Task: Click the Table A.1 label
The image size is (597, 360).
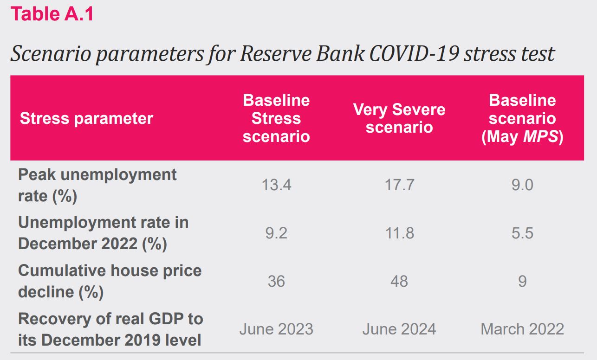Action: (x=52, y=14)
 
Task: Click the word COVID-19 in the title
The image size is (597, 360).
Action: (x=415, y=54)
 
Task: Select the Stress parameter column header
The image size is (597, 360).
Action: (x=86, y=118)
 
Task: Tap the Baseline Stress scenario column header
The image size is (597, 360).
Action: (x=276, y=118)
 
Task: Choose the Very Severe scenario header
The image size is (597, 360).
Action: (x=399, y=118)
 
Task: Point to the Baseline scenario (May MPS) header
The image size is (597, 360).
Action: (x=522, y=118)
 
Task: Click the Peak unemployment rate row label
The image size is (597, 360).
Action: (x=97, y=186)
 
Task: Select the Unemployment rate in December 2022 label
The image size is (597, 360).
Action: (x=104, y=233)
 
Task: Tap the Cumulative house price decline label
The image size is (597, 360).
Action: (x=110, y=282)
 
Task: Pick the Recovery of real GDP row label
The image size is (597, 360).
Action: (x=110, y=330)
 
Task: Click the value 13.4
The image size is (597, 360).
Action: (x=276, y=185)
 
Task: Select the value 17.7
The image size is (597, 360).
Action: (x=399, y=185)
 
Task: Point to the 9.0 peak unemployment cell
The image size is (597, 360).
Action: (x=522, y=185)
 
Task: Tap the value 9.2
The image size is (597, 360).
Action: (x=276, y=233)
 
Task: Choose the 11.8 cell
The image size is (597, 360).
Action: (x=399, y=233)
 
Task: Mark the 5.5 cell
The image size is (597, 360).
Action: (x=522, y=233)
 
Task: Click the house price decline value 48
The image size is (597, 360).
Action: (x=399, y=282)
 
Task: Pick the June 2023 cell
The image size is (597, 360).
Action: (x=276, y=329)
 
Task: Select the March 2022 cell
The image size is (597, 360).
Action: (x=522, y=329)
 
